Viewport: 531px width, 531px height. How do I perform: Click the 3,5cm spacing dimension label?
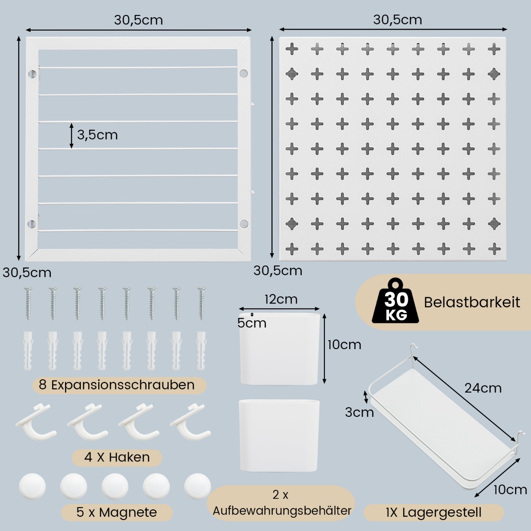(97, 135)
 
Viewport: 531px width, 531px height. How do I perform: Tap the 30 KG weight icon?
(396, 302)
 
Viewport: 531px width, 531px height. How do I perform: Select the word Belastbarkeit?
(472, 302)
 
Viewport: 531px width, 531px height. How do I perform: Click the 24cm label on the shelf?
(483, 388)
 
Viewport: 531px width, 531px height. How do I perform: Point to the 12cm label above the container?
(281, 299)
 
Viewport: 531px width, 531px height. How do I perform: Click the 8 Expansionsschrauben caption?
(117, 385)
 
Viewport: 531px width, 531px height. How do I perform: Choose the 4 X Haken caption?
(117, 457)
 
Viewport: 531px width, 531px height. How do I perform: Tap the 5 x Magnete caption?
(117, 512)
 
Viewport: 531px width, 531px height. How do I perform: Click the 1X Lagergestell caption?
(433, 512)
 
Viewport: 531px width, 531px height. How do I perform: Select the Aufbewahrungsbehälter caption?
(282, 510)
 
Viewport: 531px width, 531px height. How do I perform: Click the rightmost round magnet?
(197, 486)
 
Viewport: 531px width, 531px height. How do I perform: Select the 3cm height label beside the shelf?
(359, 412)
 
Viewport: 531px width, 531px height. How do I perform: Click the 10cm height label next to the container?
(344, 344)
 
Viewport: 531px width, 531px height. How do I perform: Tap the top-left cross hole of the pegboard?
(292, 49)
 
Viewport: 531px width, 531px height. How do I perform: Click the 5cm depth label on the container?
(252, 323)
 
